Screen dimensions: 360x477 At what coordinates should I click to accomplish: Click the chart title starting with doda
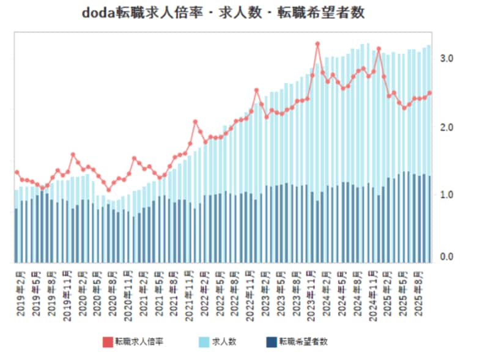pyautogui.click(x=227, y=13)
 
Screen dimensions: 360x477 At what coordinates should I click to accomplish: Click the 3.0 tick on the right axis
pyautogui.click(x=446, y=59)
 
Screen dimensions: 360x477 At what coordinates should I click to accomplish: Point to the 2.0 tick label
pyautogui.click(x=446, y=127)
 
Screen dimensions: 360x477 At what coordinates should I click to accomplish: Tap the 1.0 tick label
pyautogui.click(x=446, y=195)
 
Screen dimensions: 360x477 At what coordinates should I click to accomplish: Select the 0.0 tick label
pyautogui.click(x=446, y=257)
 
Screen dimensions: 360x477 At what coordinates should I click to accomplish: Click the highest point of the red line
pyautogui.click(x=317, y=44)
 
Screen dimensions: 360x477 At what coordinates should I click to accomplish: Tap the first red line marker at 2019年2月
pyautogui.click(x=17, y=172)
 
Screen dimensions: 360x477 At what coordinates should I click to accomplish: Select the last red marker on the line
pyautogui.click(x=429, y=93)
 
